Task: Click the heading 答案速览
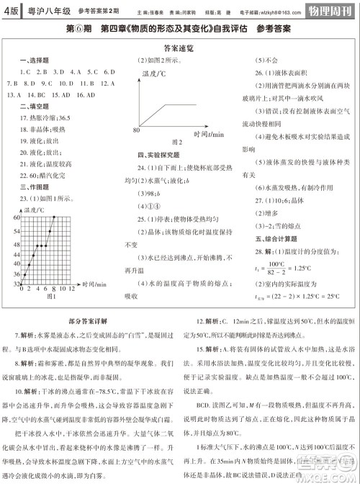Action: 180,48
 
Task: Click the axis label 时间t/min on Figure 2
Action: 209,134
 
